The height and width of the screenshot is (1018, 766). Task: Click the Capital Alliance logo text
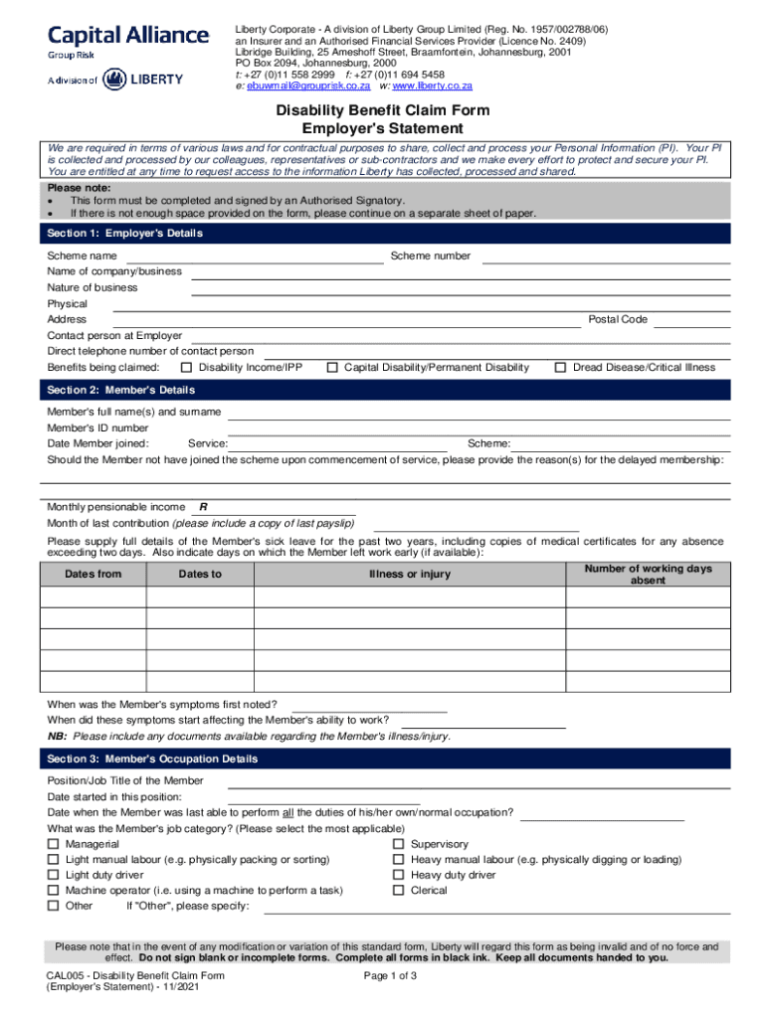click(128, 36)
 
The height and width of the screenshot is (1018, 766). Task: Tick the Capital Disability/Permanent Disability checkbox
click(332, 368)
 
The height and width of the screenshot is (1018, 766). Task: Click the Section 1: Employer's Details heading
click(125, 234)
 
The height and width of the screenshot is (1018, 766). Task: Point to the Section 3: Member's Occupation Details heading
click(153, 760)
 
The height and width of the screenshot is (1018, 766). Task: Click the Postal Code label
click(618, 319)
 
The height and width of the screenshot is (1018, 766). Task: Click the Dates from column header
click(94, 575)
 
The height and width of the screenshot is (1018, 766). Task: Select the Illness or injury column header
click(409, 575)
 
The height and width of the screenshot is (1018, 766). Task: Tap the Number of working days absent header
click(648, 575)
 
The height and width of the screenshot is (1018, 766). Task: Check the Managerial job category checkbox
click(53, 844)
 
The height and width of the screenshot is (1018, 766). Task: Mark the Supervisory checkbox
click(399, 844)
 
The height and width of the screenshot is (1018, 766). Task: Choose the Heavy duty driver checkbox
click(399, 875)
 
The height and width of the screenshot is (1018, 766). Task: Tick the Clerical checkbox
click(399, 891)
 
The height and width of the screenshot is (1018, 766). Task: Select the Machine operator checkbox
click(53, 891)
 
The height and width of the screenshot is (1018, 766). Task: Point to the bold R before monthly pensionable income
click(203, 507)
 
